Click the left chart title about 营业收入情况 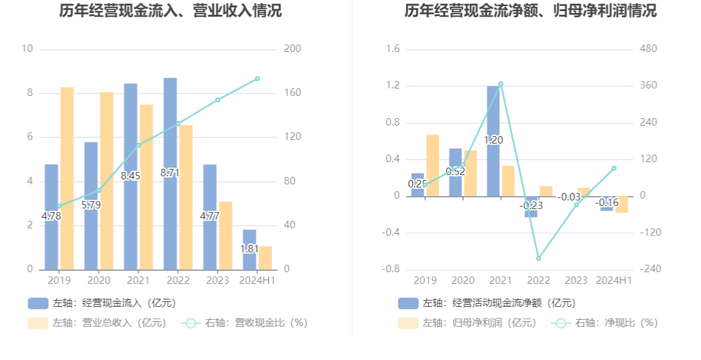pyautogui.click(x=170, y=11)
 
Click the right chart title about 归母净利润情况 pyautogui.click(x=530, y=11)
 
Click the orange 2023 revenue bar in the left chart pyautogui.click(x=226, y=235)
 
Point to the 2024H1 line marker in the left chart pyautogui.click(x=257, y=79)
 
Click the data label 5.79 pyautogui.click(x=90, y=205)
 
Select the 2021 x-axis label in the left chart pyautogui.click(x=138, y=281)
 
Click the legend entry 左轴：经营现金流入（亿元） pyautogui.click(x=102, y=303)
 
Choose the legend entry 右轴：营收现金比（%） pyautogui.click(x=245, y=323)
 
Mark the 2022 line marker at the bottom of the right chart pyautogui.click(x=538, y=259)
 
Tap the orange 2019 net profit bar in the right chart pyautogui.click(x=433, y=165)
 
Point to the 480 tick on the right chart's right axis pyautogui.click(x=648, y=49)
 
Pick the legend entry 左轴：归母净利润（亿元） pyautogui.click(x=467, y=323)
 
